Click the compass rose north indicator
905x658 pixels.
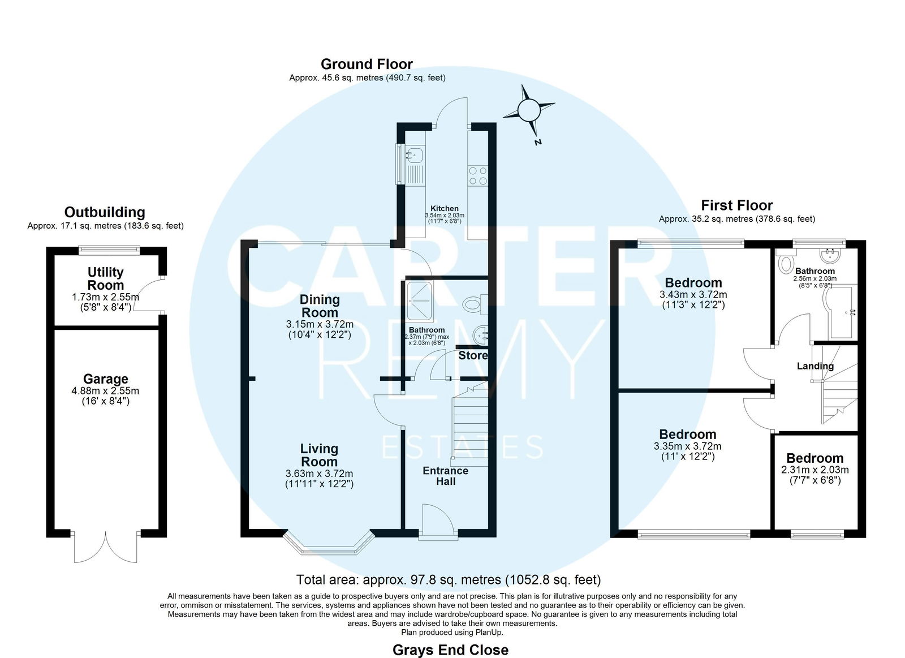[x=529, y=110]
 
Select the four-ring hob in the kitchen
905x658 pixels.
[x=478, y=176]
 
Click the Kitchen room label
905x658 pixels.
[x=445, y=209]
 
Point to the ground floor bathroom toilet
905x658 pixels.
[x=475, y=304]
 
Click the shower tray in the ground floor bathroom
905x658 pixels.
[x=420, y=302]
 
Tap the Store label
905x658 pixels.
[x=473, y=355]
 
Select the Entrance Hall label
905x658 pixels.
[x=446, y=476]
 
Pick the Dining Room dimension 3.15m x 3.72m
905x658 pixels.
[x=320, y=324]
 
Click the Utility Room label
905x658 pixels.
[x=105, y=278]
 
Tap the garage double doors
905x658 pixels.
[x=105, y=547]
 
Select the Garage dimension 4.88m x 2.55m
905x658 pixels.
[x=105, y=391]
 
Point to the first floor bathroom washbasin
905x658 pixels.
[x=829, y=255]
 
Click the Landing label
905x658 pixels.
[x=815, y=366]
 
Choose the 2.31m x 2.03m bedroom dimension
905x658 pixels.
[x=815, y=470]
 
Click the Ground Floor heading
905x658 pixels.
[x=367, y=64]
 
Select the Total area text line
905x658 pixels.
[x=449, y=579]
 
